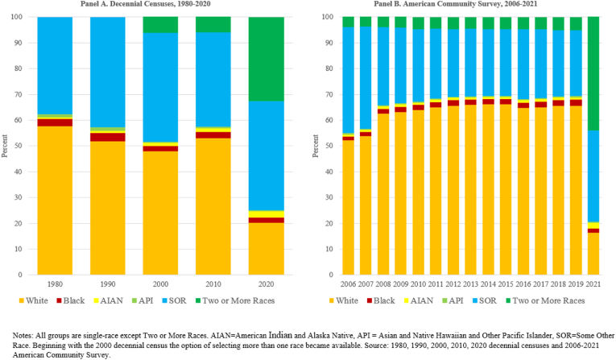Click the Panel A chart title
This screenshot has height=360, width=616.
click(145, 4)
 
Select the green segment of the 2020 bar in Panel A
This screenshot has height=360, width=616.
click(267, 59)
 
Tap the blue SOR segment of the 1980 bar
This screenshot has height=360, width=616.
click(55, 65)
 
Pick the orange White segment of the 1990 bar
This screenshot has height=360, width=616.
click(108, 208)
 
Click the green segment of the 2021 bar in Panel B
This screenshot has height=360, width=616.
click(593, 73)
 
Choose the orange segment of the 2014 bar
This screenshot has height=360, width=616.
click(488, 189)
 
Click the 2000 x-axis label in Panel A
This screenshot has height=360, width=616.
click(160, 284)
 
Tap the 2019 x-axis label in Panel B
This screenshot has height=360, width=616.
click(576, 284)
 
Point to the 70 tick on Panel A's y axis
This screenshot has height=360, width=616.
click(19, 94)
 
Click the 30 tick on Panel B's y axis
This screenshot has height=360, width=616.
click(329, 197)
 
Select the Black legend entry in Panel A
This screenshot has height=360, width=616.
click(70, 300)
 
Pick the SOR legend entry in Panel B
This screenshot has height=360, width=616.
click(484, 300)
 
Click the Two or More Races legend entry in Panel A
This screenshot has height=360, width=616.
click(234, 300)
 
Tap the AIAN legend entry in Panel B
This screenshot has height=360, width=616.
click(419, 300)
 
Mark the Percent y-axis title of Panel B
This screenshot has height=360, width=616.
click(316, 146)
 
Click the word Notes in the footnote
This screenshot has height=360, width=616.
click(23, 336)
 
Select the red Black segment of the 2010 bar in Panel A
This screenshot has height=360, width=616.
click(213, 135)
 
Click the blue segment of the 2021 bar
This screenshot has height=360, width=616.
click(593, 176)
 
